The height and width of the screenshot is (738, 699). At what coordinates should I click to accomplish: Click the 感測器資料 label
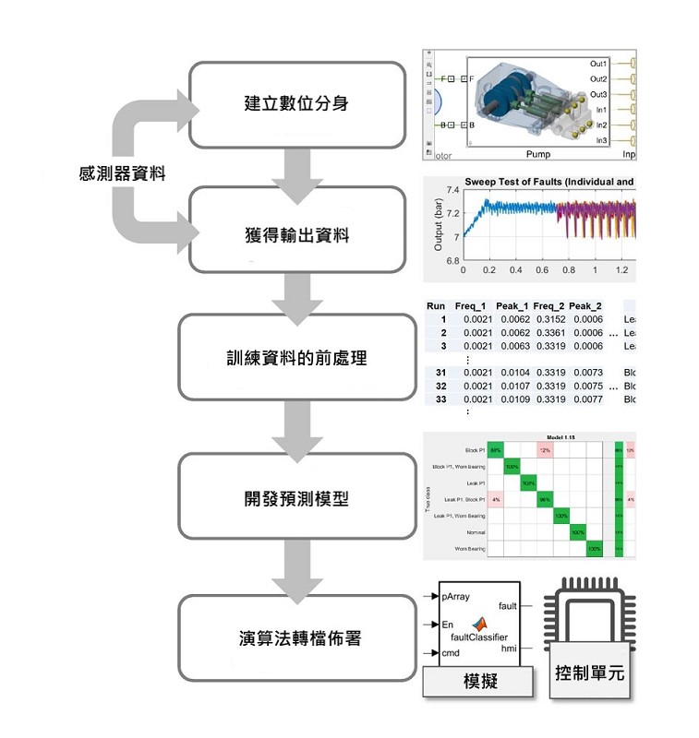click(x=122, y=172)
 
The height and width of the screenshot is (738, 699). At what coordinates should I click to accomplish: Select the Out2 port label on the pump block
click(x=598, y=79)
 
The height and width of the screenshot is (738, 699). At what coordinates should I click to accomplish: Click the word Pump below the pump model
click(x=537, y=154)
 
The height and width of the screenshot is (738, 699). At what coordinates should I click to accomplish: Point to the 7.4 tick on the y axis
click(x=452, y=190)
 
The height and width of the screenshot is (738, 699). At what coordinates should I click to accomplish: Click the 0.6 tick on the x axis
click(x=542, y=271)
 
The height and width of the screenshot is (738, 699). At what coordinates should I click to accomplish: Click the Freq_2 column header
click(x=548, y=305)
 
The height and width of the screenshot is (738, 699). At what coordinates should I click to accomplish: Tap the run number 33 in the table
click(x=440, y=399)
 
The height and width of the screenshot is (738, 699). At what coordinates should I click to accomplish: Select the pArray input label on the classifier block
click(x=456, y=596)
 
